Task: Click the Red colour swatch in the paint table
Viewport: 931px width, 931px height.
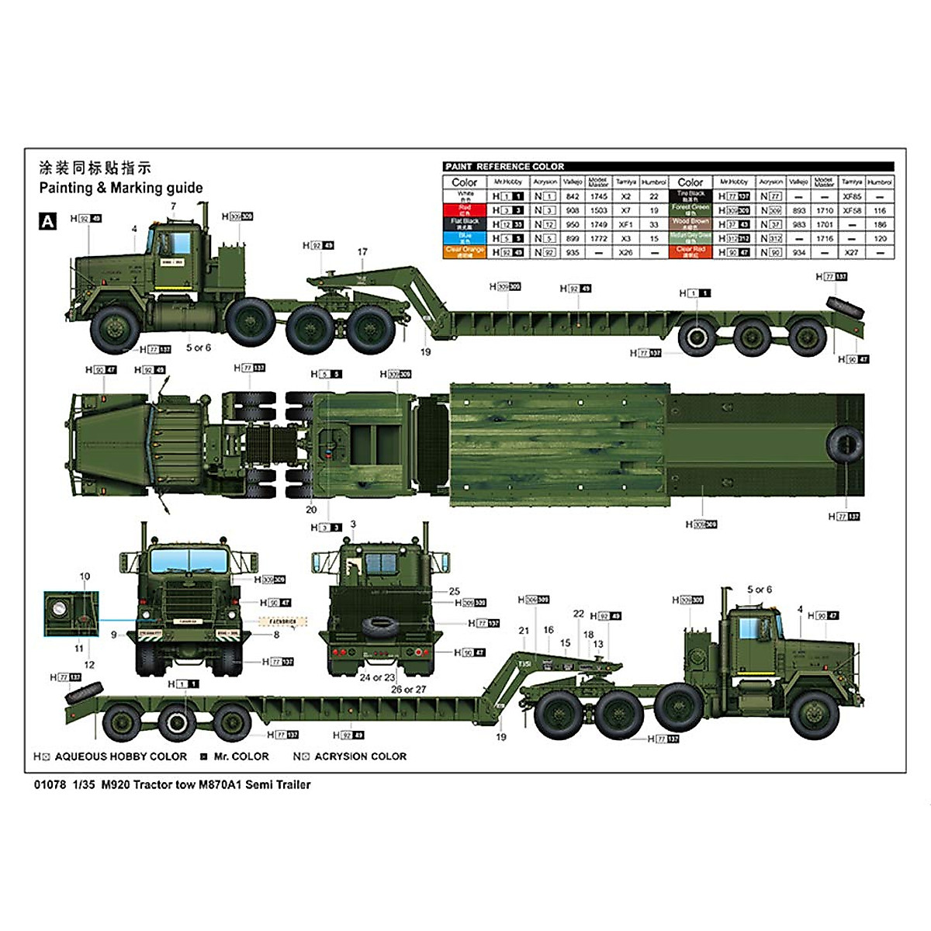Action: tap(465, 209)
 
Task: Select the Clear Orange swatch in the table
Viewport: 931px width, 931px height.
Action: tap(465, 252)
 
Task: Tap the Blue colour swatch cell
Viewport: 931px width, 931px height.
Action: tap(465, 238)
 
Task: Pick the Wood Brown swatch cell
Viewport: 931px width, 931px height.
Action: tap(690, 224)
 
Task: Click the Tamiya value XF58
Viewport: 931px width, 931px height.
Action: tap(851, 210)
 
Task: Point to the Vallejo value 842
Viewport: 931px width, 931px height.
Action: tap(573, 197)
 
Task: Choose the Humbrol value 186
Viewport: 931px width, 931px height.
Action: tap(880, 224)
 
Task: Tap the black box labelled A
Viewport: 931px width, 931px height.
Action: tap(48, 221)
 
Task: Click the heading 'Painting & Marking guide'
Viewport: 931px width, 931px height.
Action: tap(121, 188)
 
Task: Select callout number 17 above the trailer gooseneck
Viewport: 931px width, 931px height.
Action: tap(362, 251)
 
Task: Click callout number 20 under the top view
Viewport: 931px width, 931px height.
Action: tap(311, 510)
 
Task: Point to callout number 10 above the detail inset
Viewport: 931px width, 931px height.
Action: tap(85, 576)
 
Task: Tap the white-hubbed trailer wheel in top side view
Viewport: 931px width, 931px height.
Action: tap(696, 337)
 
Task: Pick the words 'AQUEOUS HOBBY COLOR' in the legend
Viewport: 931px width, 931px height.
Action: tap(121, 756)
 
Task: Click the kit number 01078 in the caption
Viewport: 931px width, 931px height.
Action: tap(49, 784)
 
